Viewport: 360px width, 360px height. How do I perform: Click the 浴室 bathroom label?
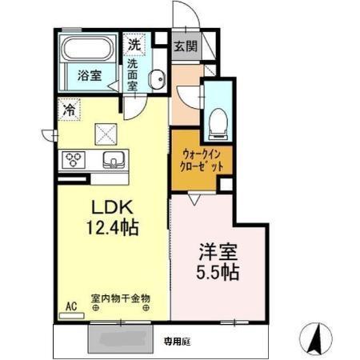point(89,76)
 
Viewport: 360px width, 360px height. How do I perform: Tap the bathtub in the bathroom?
point(90,50)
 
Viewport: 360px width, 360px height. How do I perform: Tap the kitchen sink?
point(112,160)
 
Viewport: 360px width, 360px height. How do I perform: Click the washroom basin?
point(158,78)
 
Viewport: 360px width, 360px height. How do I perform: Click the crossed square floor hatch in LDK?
point(106,133)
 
